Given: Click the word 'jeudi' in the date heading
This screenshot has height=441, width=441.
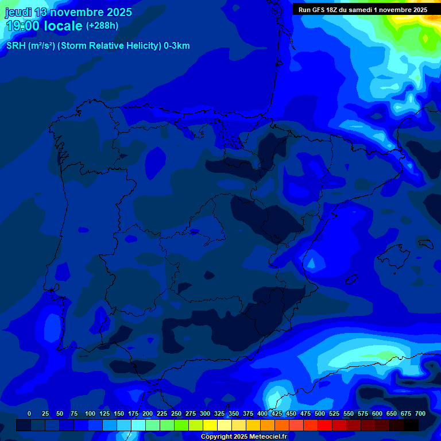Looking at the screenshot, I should point(18,12).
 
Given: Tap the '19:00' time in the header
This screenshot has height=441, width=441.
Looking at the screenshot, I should point(24,26).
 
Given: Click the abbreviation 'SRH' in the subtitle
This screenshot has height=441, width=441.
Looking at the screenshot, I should point(16,46).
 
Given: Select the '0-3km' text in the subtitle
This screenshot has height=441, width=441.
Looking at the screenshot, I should point(177,46).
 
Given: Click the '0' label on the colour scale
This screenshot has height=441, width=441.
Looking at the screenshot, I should point(29,413).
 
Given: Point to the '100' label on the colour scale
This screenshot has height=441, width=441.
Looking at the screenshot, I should point(90,413).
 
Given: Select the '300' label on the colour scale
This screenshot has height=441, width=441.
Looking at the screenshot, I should point(205,413).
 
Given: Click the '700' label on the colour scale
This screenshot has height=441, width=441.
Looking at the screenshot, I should point(420,413).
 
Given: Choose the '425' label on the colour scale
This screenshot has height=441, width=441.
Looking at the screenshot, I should point(277,413).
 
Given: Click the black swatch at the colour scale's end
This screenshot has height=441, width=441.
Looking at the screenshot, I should point(411,425).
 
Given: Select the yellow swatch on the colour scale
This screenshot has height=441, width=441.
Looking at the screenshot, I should point(210,425).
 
